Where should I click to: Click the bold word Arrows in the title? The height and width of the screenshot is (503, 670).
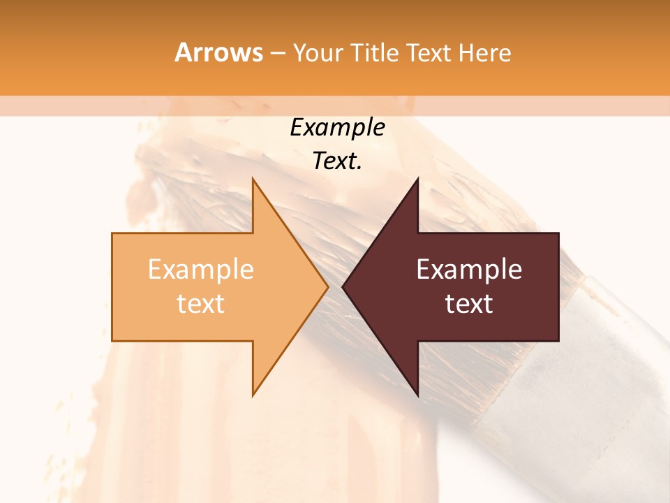pyautogui.click(x=218, y=52)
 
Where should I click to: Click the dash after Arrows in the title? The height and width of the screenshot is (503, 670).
pyautogui.click(x=277, y=53)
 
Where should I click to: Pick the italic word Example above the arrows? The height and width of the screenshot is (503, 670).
pyautogui.click(x=337, y=127)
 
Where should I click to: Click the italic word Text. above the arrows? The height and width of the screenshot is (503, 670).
pyautogui.click(x=337, y=161)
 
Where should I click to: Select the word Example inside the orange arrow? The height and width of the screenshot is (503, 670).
pyautogui.click(x=201, y=270)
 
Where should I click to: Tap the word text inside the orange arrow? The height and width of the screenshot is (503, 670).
pyautogui.click(x=201, y=303)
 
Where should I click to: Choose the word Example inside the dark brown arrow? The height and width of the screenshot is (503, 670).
pyautogui.click(x=469, y=270)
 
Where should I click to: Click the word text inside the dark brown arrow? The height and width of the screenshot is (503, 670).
pyautogui.click(x=469, y=303)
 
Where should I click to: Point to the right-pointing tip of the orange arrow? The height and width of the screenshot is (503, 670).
pyautogui.click(x=327, y=286)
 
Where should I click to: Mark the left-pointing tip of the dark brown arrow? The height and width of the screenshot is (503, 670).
pyautogui.click(x=343, y=286)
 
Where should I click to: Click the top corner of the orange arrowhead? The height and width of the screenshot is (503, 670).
pyautogui.click(x=253, y=179)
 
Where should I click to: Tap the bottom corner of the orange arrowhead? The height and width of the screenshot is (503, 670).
pyautogui.click(x=253, y=395)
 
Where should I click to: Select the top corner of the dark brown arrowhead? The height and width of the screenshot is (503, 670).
pyautogui.click(x=417, y=179)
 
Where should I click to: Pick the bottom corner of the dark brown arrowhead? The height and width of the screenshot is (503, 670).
pyautogui.click(x=417, y=395)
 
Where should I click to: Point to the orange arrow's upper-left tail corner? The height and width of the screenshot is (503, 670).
pyautogui.click(x=113, y=234)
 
